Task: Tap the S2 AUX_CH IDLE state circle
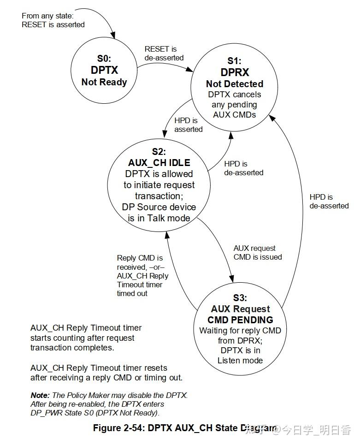click(159, 184)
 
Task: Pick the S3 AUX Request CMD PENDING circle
click(240, 327)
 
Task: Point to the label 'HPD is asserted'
click(188, 125)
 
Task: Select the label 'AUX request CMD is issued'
click(258, 253)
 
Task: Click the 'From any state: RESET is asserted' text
click(53, 20)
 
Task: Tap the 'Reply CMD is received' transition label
click(140, 275)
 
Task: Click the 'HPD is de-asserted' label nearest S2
click(243, 168)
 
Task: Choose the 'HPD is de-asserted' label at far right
click(329, 202)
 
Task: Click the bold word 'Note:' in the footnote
click(40, 395)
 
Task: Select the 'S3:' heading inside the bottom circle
click(240, 298)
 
